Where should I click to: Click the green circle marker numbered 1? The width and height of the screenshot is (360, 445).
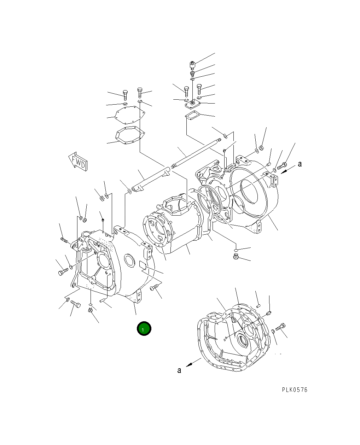coord(144,329)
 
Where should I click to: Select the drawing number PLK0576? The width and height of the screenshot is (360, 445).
coord(295,390)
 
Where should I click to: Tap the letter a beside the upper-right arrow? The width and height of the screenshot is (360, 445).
coord(300,164)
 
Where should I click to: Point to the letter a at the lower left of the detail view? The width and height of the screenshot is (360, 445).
coord(179,370)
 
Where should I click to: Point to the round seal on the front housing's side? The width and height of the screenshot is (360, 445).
coord(129,260)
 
